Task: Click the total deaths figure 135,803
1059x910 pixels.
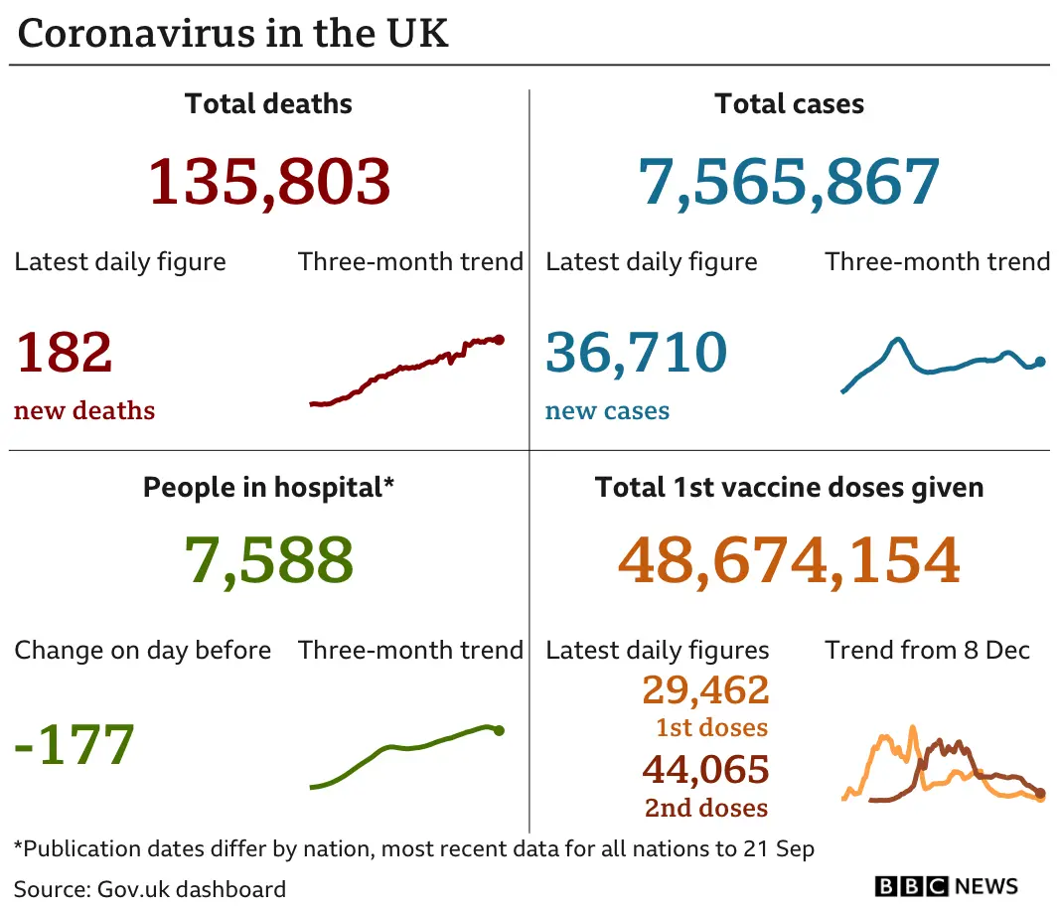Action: pyautogui.click(x=269, y=182)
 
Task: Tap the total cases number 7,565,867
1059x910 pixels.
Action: pyautogui.click(x=789, y=182)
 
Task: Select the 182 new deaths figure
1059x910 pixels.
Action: pyautogui.click(x=64, y=352)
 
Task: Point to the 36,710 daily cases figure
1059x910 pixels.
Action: pyautogui.click(x=637, y=352)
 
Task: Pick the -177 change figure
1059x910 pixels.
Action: pyautogui.click(x=75, y=744)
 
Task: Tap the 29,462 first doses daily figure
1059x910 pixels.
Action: pyautogui.click(x=705, y=689)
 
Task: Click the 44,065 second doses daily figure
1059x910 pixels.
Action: pyautogui.click(x=705, y=770)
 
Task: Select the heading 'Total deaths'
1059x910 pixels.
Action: pyautogui.click(x=268, y=103)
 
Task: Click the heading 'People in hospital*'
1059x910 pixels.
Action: pyautogui.click(x=269, y=488)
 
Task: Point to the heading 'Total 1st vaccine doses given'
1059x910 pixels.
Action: pyautogui.click(x=789, y=488)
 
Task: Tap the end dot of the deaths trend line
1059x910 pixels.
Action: pyautogui.click(x=499, y=340)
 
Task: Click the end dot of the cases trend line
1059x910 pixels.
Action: pyautogui.click(x=1040, y=362)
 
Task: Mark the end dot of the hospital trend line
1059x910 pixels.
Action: pyautogui.click(x=499, y=731)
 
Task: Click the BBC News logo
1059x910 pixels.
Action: pyautogui.click(x=946, y=886)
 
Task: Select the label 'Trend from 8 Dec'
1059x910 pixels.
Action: pyautogui.click(x=927, y=651)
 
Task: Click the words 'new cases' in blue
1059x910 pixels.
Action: pyautogui.click(x=607, y=410)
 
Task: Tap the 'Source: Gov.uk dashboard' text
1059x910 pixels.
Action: pyautogui.click(x=150, y=888)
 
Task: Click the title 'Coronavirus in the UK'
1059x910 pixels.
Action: pyautogui.click(x=233, y=34)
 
